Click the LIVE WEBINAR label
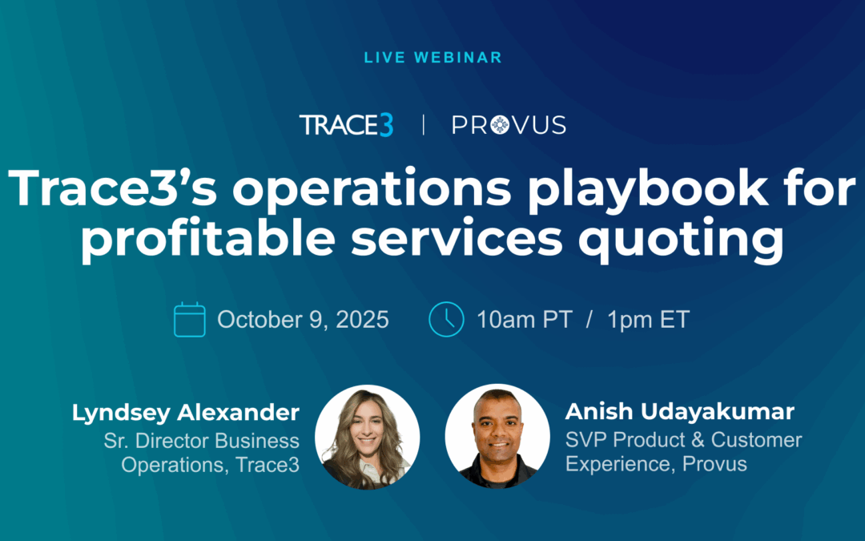(x=432, y=58)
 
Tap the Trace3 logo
(x=346, y=125)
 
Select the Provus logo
(x=509, y=125)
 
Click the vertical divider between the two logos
(x=424, y=125)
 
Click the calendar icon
(x=190, y=319)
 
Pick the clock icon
(x=446, y=319)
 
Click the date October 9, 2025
(x=303, y=320)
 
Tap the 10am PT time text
(x=525, y=320)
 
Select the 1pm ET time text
(x=648, y=320)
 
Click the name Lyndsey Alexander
(x=186, y=413)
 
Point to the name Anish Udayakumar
(x=680, y=412)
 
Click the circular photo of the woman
(x=367, y=436)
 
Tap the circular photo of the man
(x=497, y=436)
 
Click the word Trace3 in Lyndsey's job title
(x=268, y=464)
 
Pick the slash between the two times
(x=589, y=320)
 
